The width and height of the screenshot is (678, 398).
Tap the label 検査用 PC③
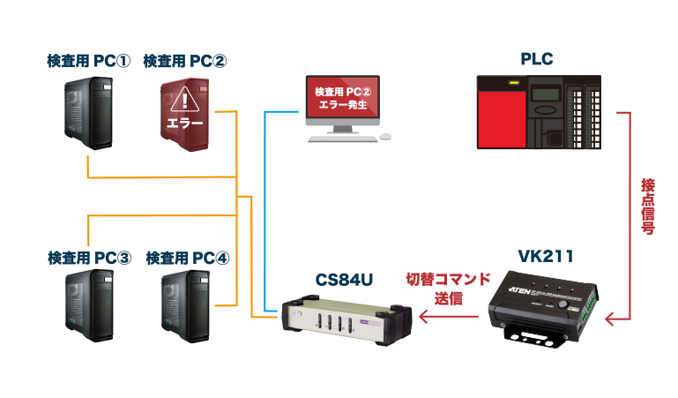(x=89, y=258)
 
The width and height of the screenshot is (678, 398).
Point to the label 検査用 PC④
(x=186, y=258)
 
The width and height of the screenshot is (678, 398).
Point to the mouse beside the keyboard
(x=384, y=138)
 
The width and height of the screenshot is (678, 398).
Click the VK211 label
(x=546, y=257)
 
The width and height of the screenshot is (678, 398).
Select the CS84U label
(x=345, y=280)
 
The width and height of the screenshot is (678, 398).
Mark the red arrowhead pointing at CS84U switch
(x=421, y=319)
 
